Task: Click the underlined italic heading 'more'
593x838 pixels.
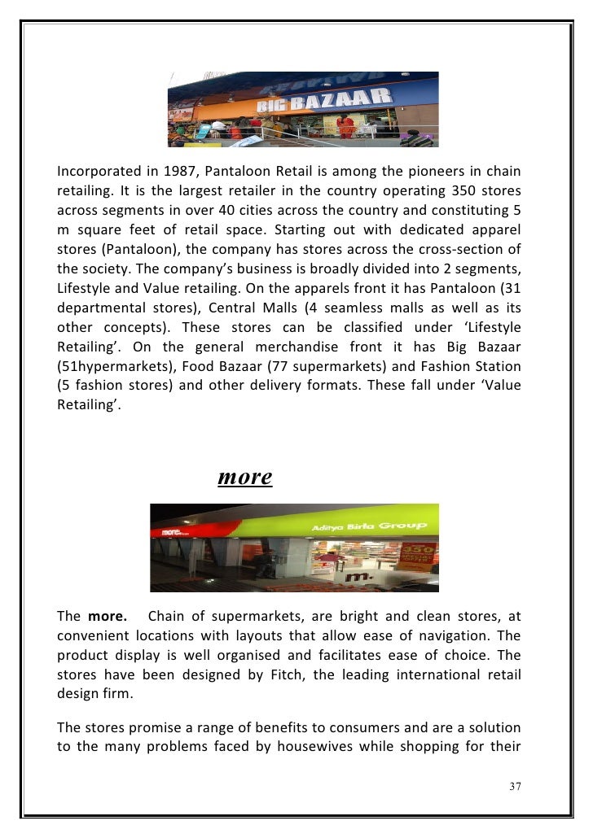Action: tap(244, 477)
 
